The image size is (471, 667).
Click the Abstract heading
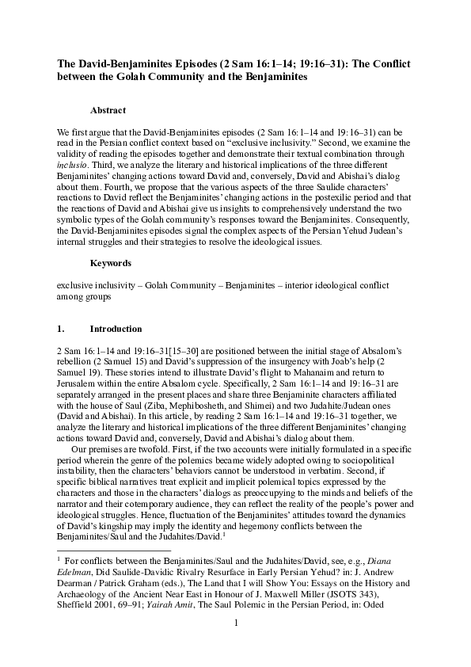(x=108, y=111)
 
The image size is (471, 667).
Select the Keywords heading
(x=110, y=261)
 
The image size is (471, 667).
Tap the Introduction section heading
(x=116, y=329)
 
